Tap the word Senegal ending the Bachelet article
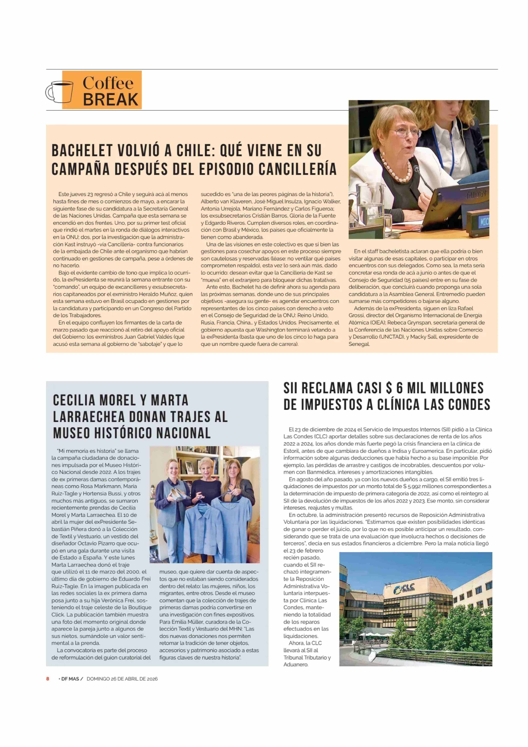coord(359,344)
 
